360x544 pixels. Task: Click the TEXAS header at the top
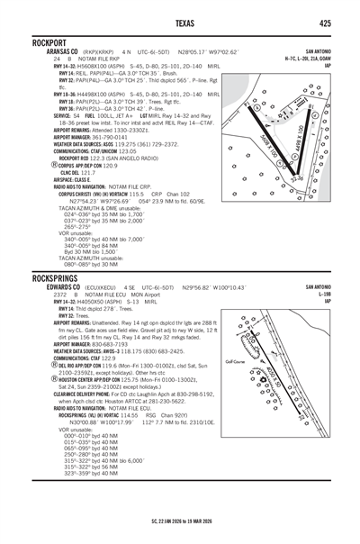coord(180,22)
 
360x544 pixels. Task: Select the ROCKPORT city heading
coord(52,42)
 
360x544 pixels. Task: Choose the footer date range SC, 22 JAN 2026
coord(180,521)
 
